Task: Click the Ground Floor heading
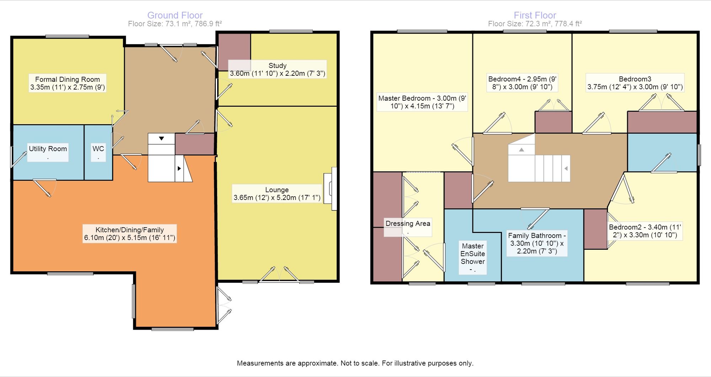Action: [x=175, y=15]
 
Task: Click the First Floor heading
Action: [x=535, y=15]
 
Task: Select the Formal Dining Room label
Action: [x=68, y=83]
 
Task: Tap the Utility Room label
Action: [x=48, y=152]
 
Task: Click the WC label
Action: [x=98, y=152]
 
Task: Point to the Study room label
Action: [x=277, y=69]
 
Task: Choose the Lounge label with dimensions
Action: [x=277, y=194]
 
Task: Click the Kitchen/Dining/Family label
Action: [x=130, y=234]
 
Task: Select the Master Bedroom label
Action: [x=422, y=102]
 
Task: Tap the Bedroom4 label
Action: [x=522, y=83]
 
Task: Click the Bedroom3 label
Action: [x=635, y=83]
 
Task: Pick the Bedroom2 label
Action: [x=645, y=231]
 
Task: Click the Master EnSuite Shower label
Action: [x=472, y=257]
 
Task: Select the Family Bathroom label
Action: [x=537, y=243]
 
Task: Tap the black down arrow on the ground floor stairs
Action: [x=161, y=138]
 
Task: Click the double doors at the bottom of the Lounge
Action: [x=279, y=274]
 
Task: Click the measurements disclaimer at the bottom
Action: [x=355, y=363]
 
